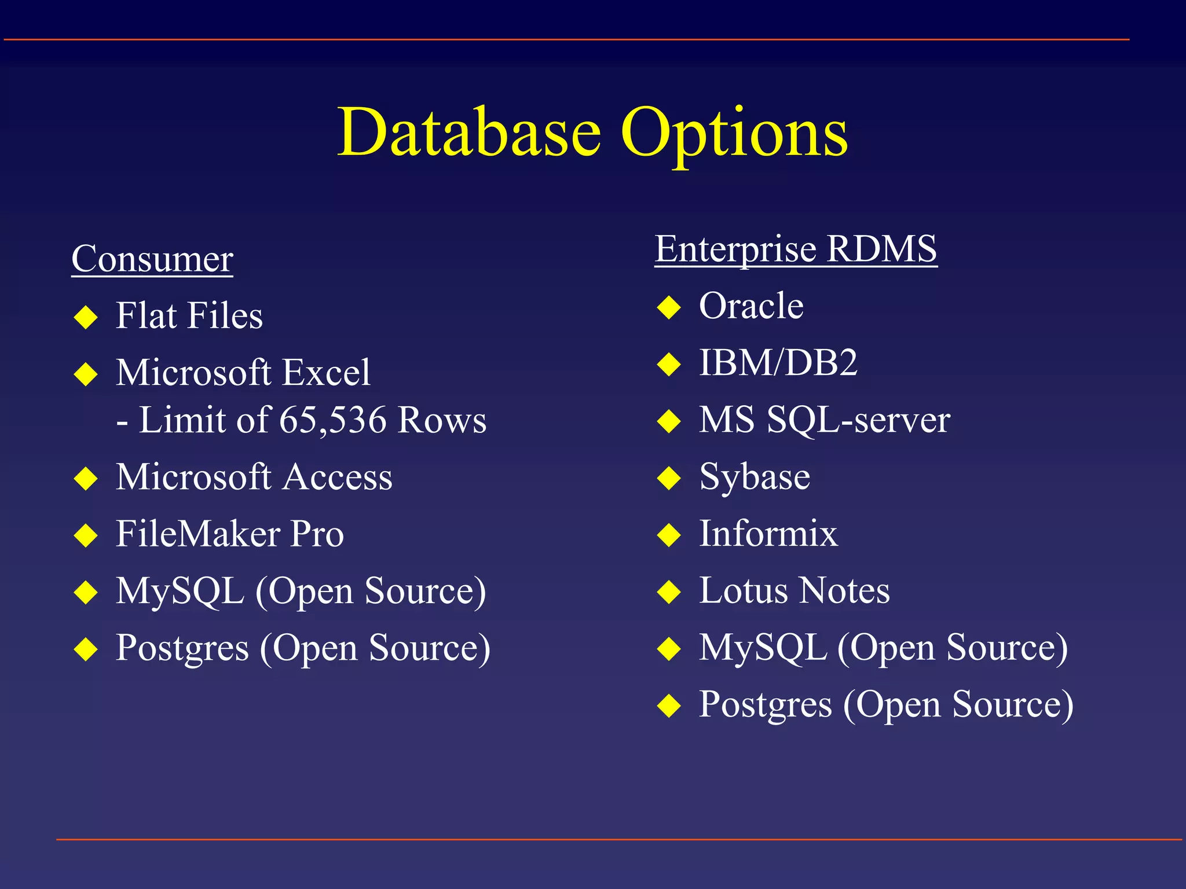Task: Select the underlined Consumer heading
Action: pyautogui.click(x=152, y=259)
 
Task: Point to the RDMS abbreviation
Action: pyautogui.click(x=881, y=249)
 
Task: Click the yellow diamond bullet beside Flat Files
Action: pyautogui.click(x=86, y=317)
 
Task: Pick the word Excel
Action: pyautogui.click(x=325, y=372)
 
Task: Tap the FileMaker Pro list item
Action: pyautogui.click(x=230, y=534)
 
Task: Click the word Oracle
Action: pyautogui.click(x=751, y=306)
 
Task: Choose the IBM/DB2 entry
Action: pyautogui.click(x=778, y=363)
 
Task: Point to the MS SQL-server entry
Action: pyautogui.click(x=824, y=420)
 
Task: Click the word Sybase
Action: pyautogui.click(x=755, y=477)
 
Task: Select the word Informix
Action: pyautogui.click(x=768, y=534)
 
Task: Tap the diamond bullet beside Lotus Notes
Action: pyautogui.click(x=669, y=592)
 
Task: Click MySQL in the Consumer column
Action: pyautogui.click(x=180, y=592)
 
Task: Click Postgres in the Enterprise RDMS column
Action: pyautogui.click(x=765, y=705)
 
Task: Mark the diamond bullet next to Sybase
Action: pyautogui.click(x=669, y=479)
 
